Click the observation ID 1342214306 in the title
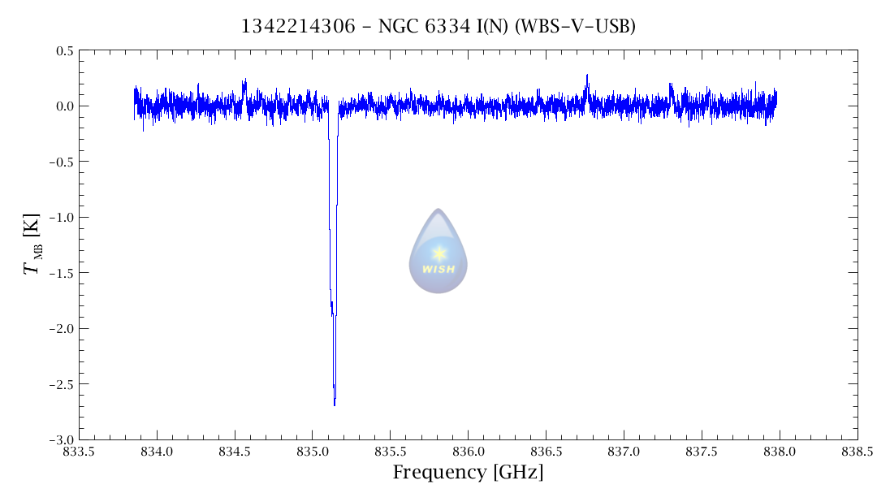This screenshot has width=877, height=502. click(299, 27)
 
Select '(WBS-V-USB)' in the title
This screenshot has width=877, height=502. click(575, 27)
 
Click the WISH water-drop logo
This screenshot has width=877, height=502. click(438, 252)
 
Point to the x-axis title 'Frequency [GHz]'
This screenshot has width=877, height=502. click(468, 473)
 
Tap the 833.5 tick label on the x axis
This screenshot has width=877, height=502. click(79, 451)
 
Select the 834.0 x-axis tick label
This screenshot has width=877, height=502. click(157, 451)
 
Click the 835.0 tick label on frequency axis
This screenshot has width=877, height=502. click(313, 451)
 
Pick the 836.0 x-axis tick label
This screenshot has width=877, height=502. click(469, 451)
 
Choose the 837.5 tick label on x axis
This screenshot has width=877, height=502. click(702, 451)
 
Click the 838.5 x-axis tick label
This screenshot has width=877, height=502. click(858, 451)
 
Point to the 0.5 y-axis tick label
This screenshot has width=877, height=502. click(64, 51)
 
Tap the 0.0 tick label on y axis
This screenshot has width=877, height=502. click(64, 106)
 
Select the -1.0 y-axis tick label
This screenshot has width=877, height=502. click(61, 218)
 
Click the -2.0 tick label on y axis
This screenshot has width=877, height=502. click(61, 329)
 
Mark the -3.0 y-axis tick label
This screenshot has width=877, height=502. click(61, 439)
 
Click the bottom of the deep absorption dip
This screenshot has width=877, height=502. click(335, 404)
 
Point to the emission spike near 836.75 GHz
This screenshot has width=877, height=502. click(587, 76)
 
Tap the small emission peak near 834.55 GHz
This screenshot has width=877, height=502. click(244, 81)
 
